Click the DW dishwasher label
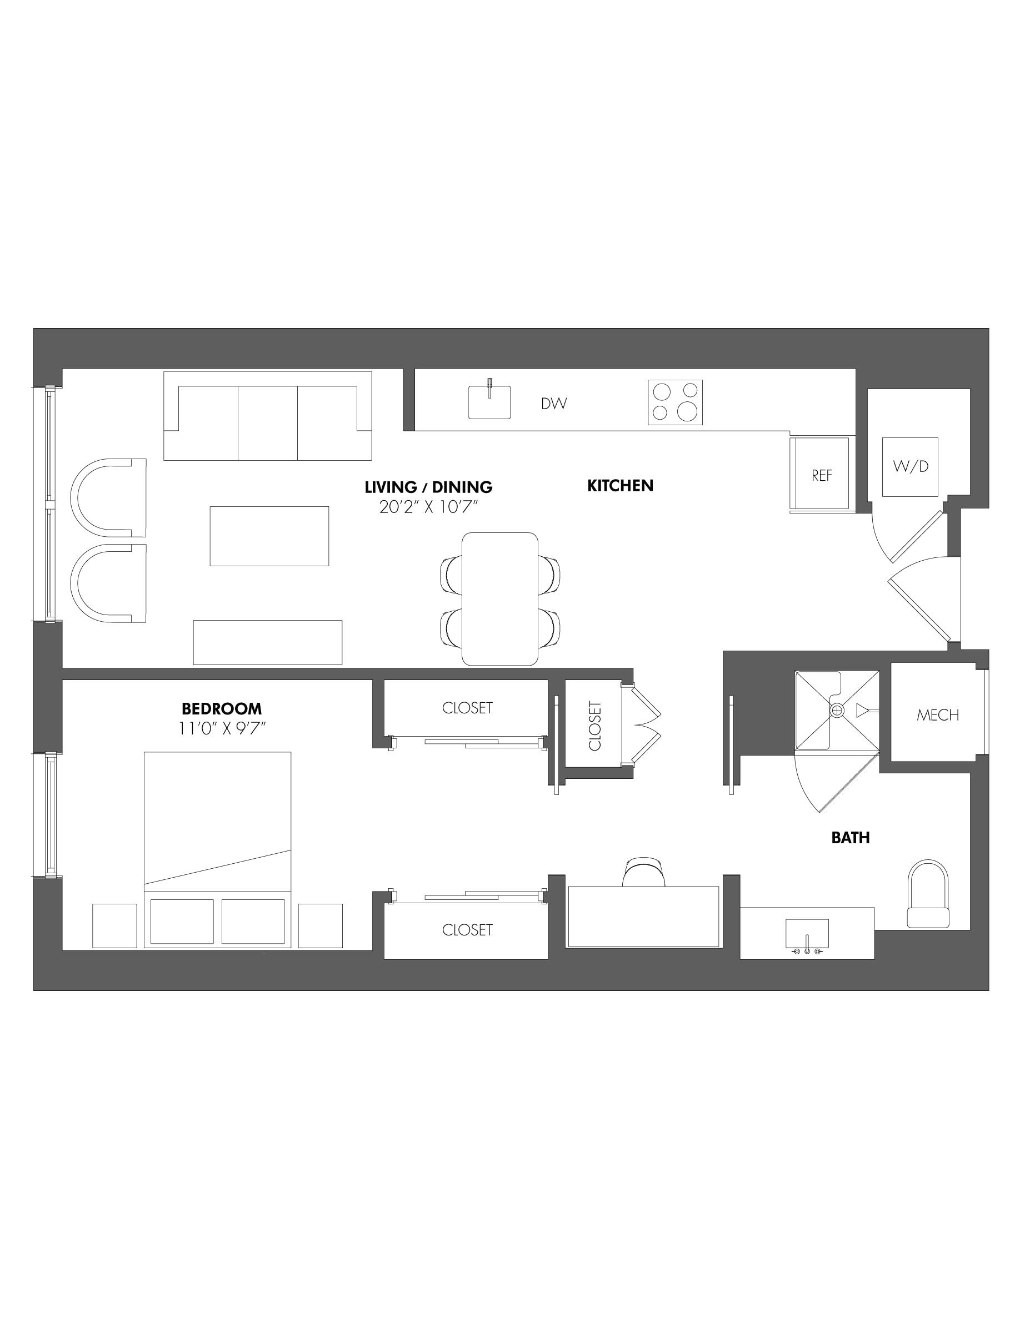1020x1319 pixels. click(553, 404)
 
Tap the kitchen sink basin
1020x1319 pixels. click(489, 403)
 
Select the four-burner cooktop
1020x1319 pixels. click(675, 402)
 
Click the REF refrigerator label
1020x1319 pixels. click(821, 475)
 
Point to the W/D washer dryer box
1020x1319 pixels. click(910, 467)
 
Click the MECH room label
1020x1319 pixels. click(937, 715)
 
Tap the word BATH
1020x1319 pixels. click(850, 838)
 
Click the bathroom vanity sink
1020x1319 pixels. click(807, 934)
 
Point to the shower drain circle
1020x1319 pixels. click(836, 711)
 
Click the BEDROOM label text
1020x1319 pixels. click(222, 708)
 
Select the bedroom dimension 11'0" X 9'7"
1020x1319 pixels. click(222, 729)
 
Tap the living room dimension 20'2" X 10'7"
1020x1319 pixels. click(428, 507)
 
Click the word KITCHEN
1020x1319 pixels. click(620, 486)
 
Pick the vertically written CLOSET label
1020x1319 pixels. click(594, 726)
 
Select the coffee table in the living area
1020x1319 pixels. click(269, 536)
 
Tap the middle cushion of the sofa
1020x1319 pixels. click(267, 423)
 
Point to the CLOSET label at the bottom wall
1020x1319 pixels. click(467, 929)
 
